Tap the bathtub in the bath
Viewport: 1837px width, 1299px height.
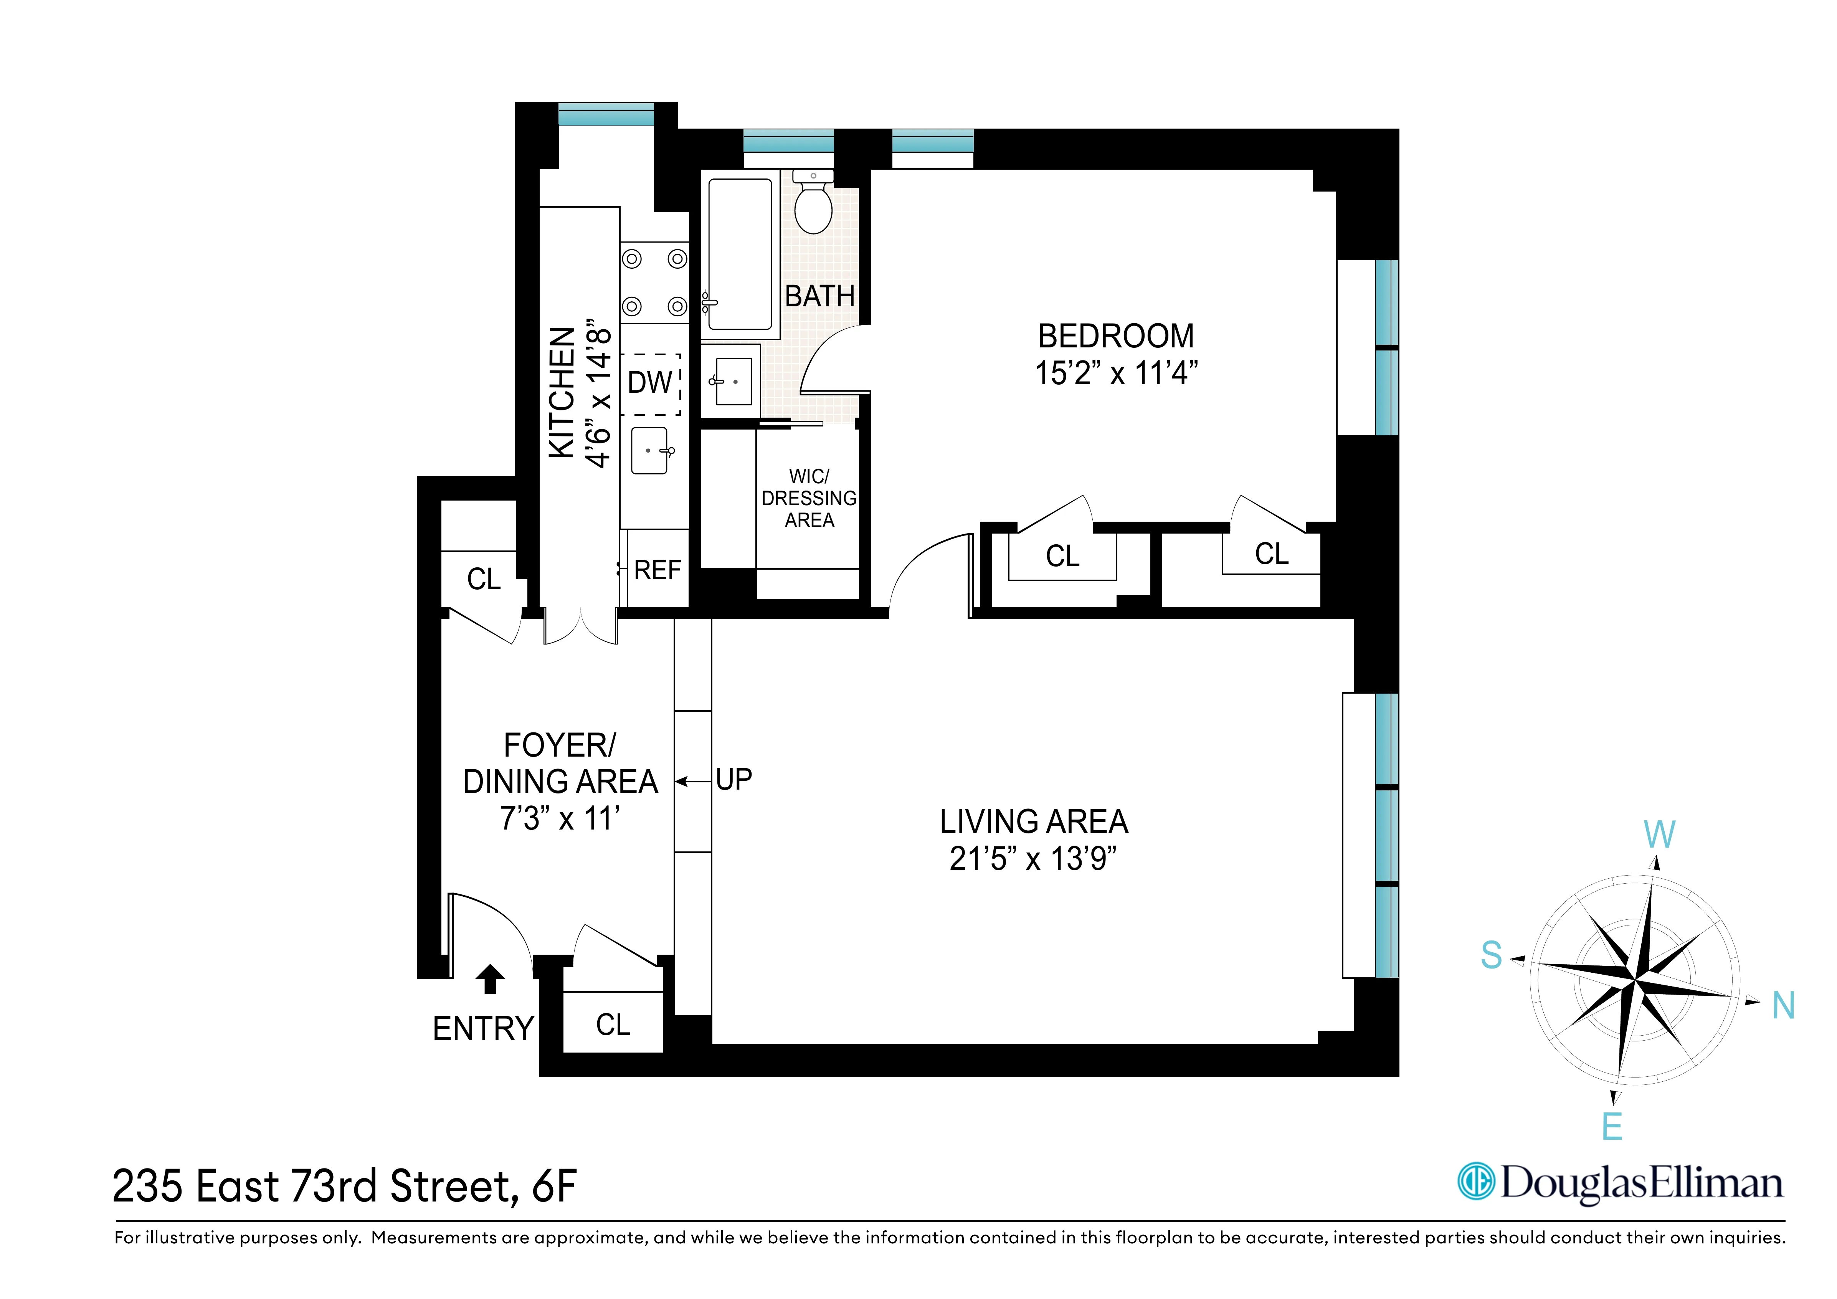[740, 254]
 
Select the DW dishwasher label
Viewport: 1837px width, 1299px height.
[650, 383]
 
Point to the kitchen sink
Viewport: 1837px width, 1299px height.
[650, 451]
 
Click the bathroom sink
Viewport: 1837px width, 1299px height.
[732, 382]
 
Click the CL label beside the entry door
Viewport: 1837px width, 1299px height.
[613, 1025]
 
